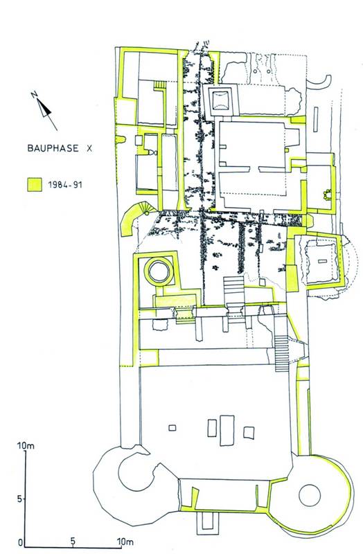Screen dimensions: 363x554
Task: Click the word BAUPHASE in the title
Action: pyautogui.click(x=53, y=148)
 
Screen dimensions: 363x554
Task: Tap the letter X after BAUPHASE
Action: pyautogui.click(x=89, y=148)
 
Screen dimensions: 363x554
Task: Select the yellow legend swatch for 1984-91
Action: pyautogui.click(x=35, y=184)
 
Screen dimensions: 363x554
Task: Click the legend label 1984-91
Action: pyautogui.click(x=65, y=184)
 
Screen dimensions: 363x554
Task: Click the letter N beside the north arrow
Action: pyautogui.click(x=34, y=94)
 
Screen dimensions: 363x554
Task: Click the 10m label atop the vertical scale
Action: pyautogui.click(x=26, y=446)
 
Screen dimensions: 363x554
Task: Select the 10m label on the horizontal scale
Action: pyautogui.click(x=125, y=541)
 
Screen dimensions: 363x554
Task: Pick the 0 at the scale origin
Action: pyautogui.click(x=21, y=542)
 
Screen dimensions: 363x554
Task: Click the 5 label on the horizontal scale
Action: pyautogui.click(x=73, y=541)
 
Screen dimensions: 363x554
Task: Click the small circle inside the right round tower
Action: pyautogui.click(x=310, y=495)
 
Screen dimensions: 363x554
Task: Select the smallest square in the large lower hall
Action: pyautogui.click(x=172, y=428)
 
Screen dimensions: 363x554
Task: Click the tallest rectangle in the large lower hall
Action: pyautogui.click(x=227, y=430)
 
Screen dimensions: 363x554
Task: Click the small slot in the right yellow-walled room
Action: pyautogui.click(x=321, y=261)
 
